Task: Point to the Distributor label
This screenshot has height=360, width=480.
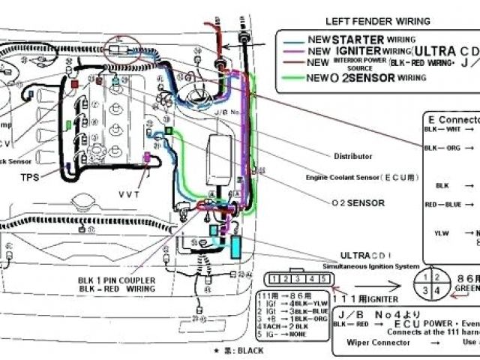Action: pyautogui.click(x=352, y=156)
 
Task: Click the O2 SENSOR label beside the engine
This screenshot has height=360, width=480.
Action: pyautogui.click(x=358, y=202)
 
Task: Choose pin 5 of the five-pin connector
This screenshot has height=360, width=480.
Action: pyautogui.click(x=323, y=279)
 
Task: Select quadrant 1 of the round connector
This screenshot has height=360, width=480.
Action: pyautogui.click(x=427, y=278)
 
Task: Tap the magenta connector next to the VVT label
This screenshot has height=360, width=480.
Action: pyautogui.click(x=147, y=157)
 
